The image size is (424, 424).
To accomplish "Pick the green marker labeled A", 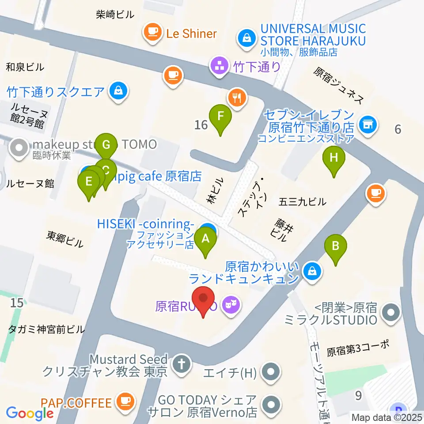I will [205, 239].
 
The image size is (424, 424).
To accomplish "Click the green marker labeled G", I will [106, 145].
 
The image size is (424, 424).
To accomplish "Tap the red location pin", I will [203, 298].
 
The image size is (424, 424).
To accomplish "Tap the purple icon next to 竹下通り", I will [219, 67].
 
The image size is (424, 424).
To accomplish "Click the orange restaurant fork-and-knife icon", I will [237, 97].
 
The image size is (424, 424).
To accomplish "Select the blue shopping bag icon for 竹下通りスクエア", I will [118, 91].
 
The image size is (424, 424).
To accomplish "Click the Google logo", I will [30, 413].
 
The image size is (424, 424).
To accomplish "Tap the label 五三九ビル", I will [303, 202].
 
